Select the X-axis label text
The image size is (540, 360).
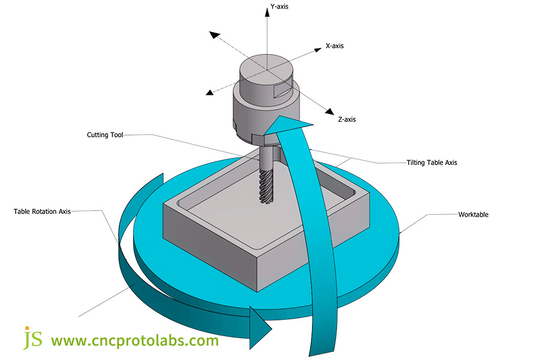pyautogui.click(x=335, y=46)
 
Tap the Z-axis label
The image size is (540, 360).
pyautogui.click(x=347, y=119)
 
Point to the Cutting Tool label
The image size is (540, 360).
pyautogui.click(x=105, y=135)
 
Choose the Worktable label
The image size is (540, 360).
pyautogui.click(x=473, y=214)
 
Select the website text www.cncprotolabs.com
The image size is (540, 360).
pyautogui.click(x=134, y=341)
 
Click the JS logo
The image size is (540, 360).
pyautogui.click(x=32, y=338)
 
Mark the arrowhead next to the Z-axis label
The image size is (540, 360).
pyautogui.click(x=328, y=110)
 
